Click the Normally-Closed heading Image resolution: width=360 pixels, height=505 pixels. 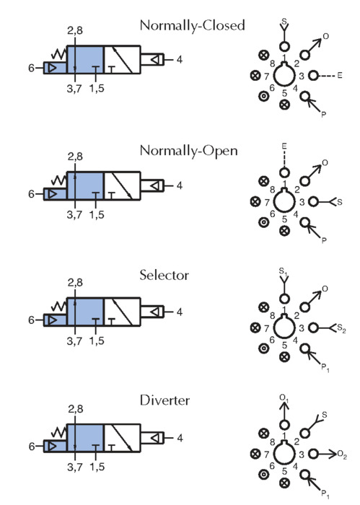[192, 26]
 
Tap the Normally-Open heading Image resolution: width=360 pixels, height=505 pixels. [189, 151]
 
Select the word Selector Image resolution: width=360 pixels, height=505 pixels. [164, 276]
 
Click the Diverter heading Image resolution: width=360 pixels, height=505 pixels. [164, 400]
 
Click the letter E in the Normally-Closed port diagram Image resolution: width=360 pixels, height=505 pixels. [340, 76]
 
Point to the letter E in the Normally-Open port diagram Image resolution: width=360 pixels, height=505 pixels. [284, 146]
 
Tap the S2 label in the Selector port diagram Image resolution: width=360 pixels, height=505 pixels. [341, 328]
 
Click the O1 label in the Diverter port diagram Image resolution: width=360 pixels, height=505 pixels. [284, 398]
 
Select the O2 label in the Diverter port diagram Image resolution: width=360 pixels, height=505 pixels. [342, 454]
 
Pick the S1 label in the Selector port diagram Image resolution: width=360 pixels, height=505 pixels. [284, 272]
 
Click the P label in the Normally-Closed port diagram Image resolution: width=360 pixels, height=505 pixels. [324, 114]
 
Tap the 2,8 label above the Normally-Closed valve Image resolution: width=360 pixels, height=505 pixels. [75, 31]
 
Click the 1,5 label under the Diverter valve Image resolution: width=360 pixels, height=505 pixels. [97, 467]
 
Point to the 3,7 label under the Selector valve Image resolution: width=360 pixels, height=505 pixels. [74, 341]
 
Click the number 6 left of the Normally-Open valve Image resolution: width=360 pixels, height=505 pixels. [31, 194]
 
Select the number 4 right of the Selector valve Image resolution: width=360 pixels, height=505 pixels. [180, 312]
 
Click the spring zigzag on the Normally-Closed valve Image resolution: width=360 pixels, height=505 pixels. [59, 54]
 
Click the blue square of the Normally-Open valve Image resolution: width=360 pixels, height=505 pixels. [85, 186]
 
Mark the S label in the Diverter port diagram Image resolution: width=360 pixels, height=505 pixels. [324, 415]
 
